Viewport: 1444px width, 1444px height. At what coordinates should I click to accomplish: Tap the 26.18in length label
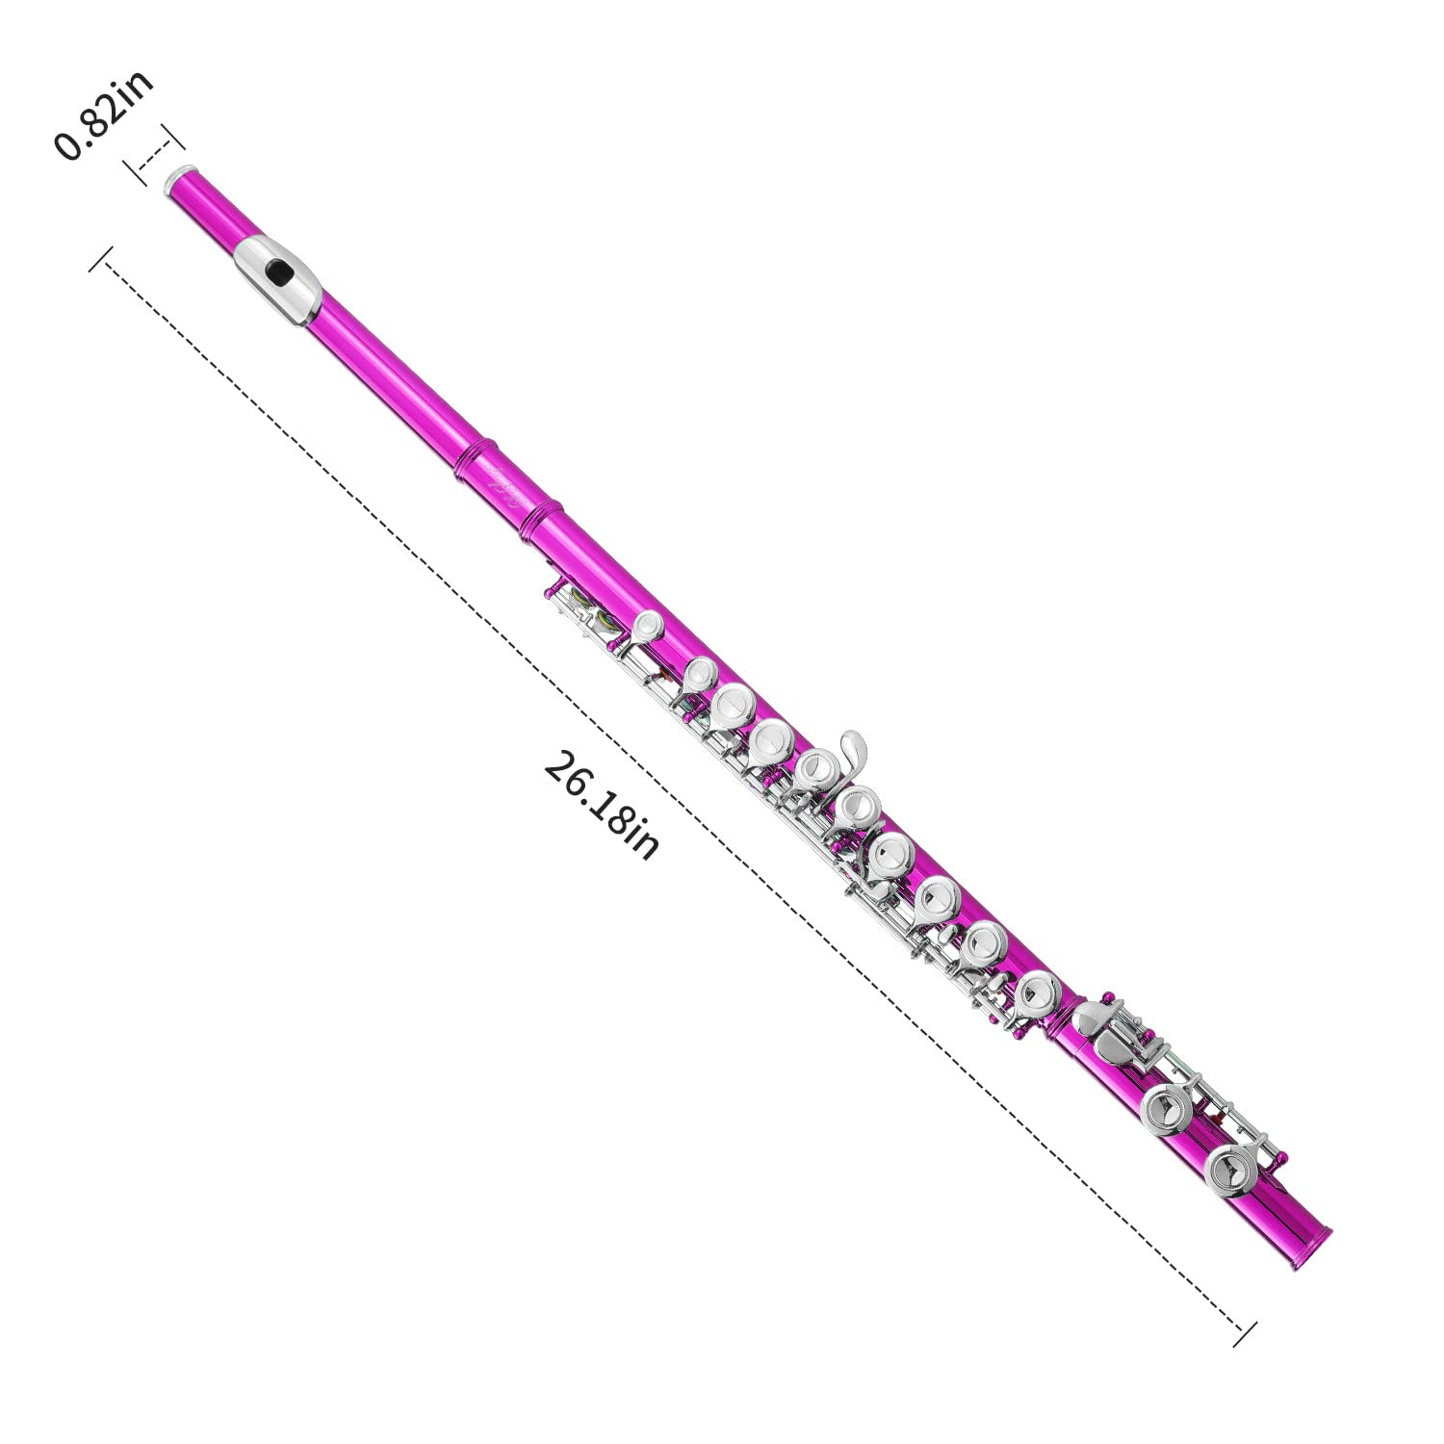point(603,805)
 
